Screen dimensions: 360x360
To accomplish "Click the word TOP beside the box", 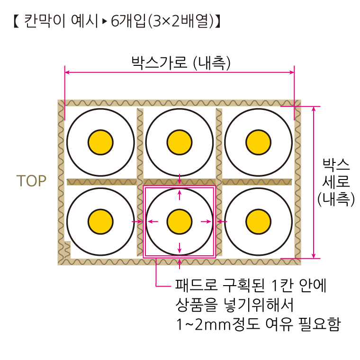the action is click(x=31, y=181).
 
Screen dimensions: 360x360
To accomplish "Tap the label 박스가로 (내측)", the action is click(x=180, y=63).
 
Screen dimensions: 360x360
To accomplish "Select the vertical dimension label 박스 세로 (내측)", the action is click(x=336, y=182).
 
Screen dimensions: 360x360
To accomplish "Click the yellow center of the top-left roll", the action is click(x=100, y=143).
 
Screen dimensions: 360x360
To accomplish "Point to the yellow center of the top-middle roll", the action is click(x=180, y=143).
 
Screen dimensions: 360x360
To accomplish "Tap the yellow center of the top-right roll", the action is click(x=259, y=143).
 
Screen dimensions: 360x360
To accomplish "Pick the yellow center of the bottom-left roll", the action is click(x=100, y=222).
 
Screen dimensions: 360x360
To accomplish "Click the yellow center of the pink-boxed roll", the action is click(x=180, y=222).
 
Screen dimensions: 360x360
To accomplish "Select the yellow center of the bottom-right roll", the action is click(x=259, y=222).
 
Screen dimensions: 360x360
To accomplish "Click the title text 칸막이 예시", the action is click(x=61, y=21).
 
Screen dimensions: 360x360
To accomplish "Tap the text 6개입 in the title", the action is click(x=128, y=21).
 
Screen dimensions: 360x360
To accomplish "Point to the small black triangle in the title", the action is click(x=105, y=21).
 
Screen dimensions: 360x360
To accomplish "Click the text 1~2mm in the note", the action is click(x=203, y=324).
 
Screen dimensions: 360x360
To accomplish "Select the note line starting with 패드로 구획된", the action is click(x=251, y=285).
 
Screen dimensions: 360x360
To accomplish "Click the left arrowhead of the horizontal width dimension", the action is click(x=67, y=72).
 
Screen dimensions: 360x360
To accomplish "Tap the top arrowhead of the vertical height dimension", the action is click(x=314, y=109).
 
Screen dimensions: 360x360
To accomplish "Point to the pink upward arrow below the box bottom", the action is click(x=180, y=264).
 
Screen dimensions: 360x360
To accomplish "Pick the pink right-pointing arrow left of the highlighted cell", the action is click(x=137, y=222).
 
